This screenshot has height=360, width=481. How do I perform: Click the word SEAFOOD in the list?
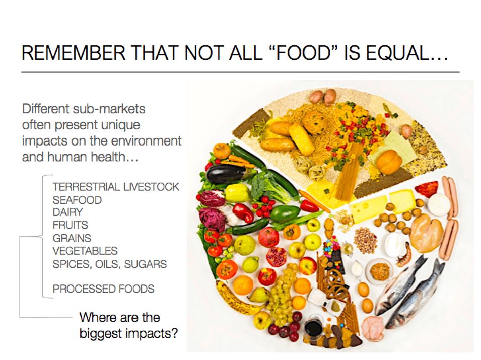(x=77, y=200)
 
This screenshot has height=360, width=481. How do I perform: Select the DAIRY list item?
(x=67, y=212)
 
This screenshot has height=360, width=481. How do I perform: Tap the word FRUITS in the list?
(x=70, y=225)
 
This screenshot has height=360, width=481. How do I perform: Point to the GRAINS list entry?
(x=72, y=238)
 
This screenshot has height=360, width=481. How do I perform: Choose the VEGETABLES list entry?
(x=85, y=251)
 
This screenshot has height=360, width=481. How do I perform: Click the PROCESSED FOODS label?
(x=103, y=289)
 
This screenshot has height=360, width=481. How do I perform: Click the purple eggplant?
(x=225, y=174)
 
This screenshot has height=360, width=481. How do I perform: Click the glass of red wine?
(x=314, y=327)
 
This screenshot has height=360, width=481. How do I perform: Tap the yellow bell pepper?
(x=236, y=192)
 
